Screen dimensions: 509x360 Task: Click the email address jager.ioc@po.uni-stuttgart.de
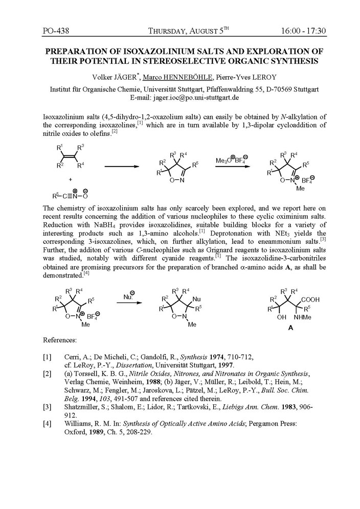[x=197, y=97]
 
